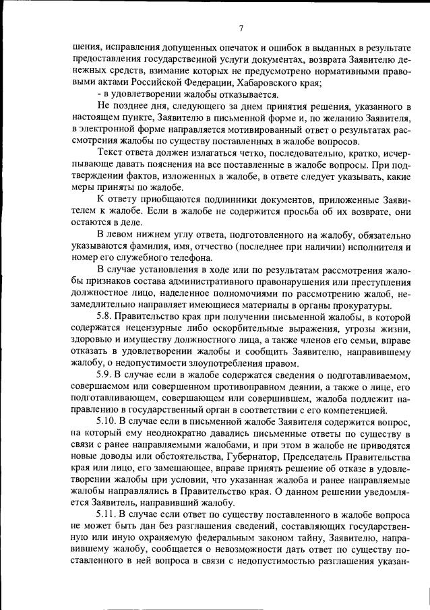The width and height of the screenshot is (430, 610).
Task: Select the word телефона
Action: tap(177, 258)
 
